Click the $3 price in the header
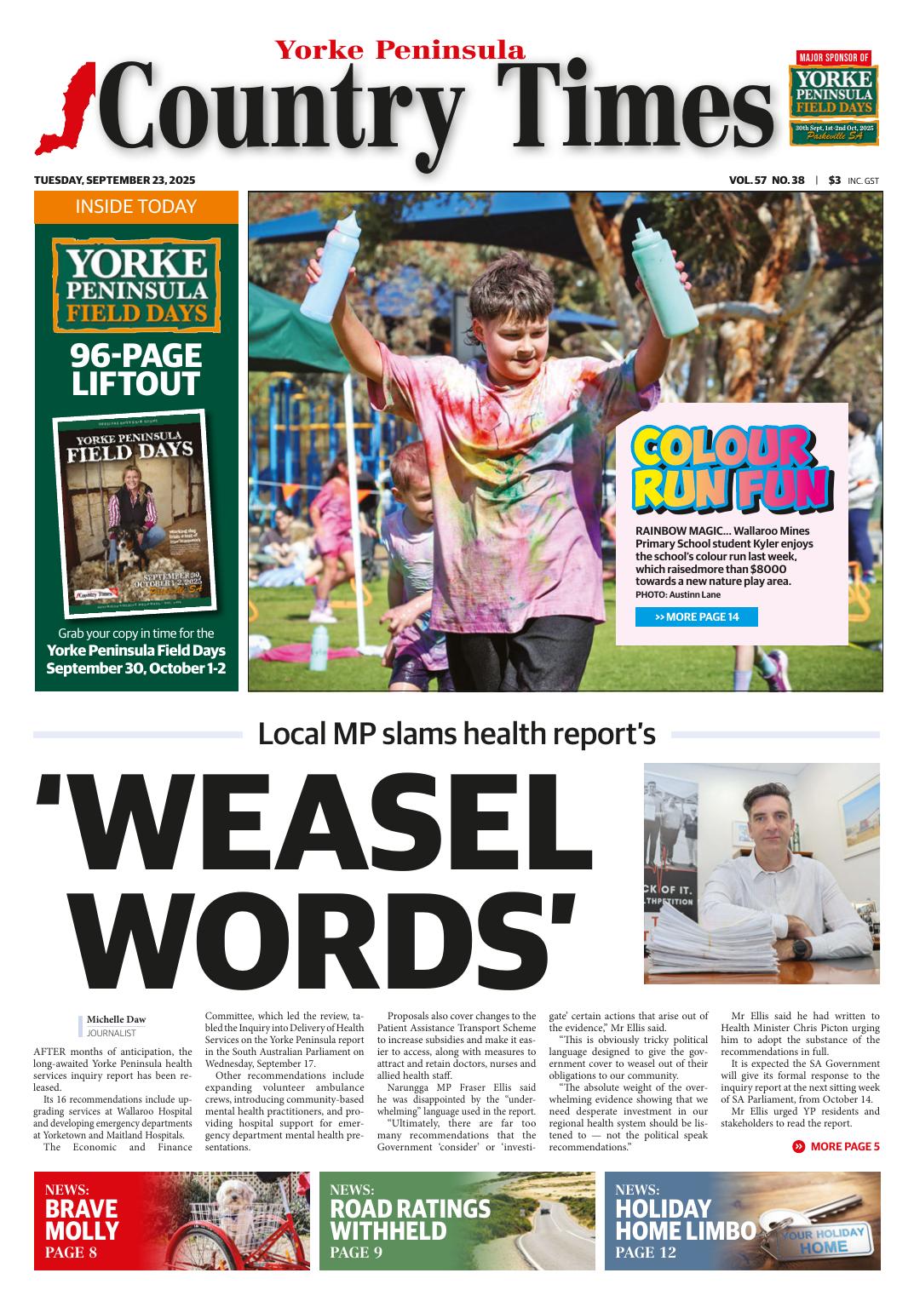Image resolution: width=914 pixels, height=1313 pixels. [834, 181]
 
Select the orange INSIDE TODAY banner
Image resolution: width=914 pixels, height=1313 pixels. [136, 207]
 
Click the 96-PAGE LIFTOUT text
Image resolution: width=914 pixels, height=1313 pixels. [136, 370]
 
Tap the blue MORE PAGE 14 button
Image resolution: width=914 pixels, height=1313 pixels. [696, 616]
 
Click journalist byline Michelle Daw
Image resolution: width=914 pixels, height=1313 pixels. [115, 1018]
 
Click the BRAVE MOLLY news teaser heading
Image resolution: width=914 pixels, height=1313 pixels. [82, 1219]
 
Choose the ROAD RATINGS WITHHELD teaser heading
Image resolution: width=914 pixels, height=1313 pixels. [410, 1219]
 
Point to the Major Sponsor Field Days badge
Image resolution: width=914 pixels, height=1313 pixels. [833, 97]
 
